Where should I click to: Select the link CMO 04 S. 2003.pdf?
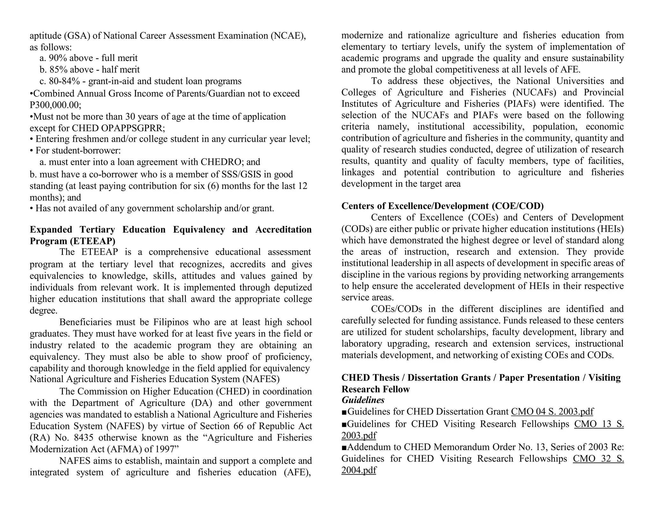pyautogui.click(x=552, y=411)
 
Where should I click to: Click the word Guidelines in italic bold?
pyautogui.click(x=363, y=400)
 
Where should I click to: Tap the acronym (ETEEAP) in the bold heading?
pyautogui.click(x=95, y=241)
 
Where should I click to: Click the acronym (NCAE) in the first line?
pyautogui.click(x=288, y=35)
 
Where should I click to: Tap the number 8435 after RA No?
pyautogui.click(x=83, y=438)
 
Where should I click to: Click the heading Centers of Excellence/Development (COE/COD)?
pyautogui.click(x=443, y=206)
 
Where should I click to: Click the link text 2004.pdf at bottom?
pyautogui.click(x=359, y=470)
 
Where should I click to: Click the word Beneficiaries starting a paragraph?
pyautogui.click(x=85, y=322)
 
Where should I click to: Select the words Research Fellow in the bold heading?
pyautogui.click(x=375, y=389)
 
